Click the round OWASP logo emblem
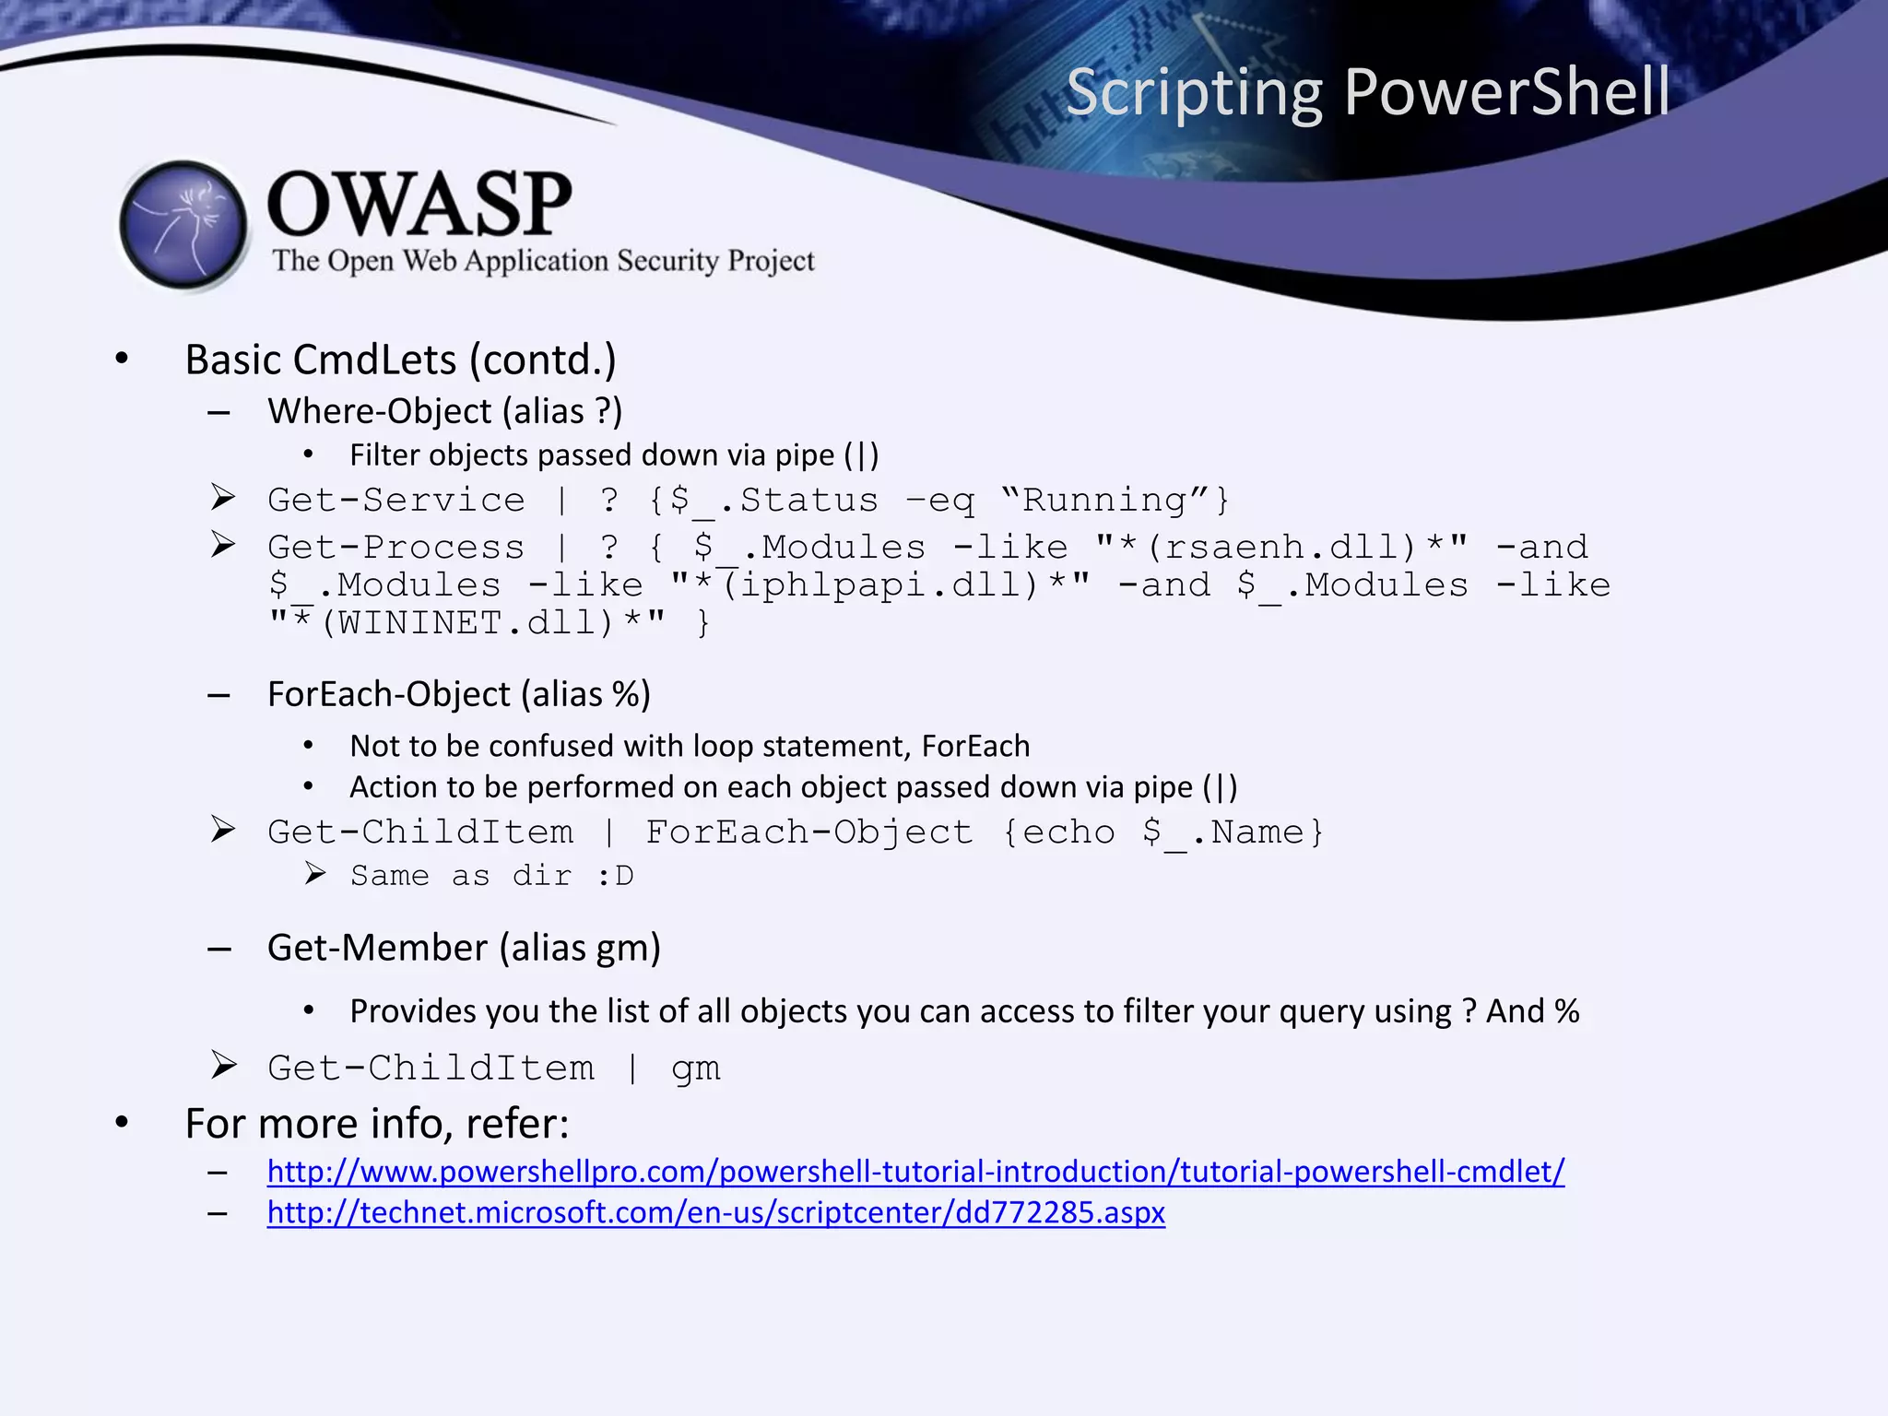(x=184, y=225)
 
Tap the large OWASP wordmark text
(x=419, y=205)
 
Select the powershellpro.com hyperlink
(x=915, y=1171)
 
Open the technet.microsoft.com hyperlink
(x=715, y=1211)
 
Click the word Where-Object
(x=380, y=411)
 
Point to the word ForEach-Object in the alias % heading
(x=388, y=694)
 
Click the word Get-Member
(x=377, y=948)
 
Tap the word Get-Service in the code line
(x=395, y=500)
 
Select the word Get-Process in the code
(x=395, y=548)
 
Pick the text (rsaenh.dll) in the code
(x=1281, y=548)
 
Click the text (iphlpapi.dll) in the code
(x=880, y=585)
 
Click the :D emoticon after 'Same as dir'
(x=615, y=875)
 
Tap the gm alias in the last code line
(x=695, y=1068)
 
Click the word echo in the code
(x=1068, y=832)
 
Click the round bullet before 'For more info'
(x=122, y=1122)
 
